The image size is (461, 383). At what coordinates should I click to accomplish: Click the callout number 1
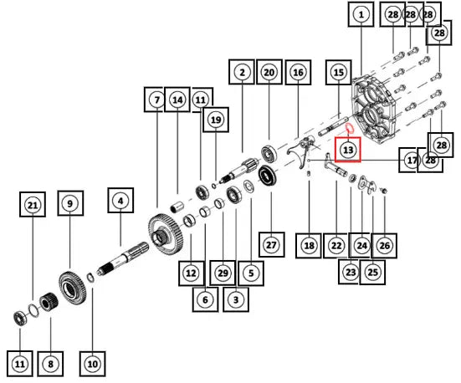tap(361, 14)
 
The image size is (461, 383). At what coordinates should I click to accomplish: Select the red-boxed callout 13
tap(348, 150)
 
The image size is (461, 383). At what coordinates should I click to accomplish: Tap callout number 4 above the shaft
tap(120, 201)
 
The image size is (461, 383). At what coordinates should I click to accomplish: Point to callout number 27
tap(271, 244)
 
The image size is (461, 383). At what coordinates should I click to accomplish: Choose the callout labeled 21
tap(33, 205)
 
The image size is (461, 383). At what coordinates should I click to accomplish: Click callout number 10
tap(92, 364)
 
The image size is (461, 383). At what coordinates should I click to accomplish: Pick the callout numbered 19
tap(216, 120)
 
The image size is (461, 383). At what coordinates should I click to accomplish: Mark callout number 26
tap(385, 245)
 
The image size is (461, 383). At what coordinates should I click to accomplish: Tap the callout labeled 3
tap(236, 299)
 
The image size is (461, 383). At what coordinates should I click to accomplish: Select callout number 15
tap(339, 72)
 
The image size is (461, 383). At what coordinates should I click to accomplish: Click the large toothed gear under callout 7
tap(166, 234)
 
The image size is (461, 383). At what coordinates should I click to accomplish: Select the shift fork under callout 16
tap(300, 153)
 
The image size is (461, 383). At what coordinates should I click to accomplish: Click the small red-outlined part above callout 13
tap(349, 128)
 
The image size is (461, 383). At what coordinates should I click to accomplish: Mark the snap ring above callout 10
tap(90, 278)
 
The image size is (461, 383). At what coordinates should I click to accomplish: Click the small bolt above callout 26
tap(383, 191)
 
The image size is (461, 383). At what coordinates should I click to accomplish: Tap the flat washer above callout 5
tap(248, 186)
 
